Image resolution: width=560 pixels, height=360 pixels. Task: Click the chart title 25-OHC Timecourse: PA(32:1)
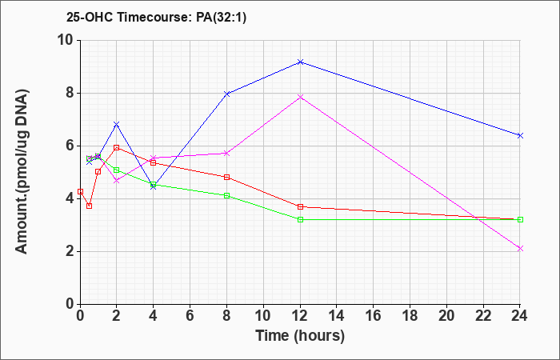click(x=156, y=18)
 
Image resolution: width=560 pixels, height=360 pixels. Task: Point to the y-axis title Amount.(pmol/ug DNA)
click(x=22, y=172)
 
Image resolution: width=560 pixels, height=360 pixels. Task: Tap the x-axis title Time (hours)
click(x=300, y=336)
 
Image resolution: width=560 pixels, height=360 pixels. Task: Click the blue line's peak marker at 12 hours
click(x=300, y=62)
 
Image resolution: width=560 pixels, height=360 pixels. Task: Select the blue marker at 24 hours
click(x=520, y=135)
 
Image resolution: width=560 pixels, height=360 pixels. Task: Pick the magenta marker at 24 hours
click(x=520, y=249)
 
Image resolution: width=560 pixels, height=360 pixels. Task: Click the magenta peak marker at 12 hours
click(x=300, y=97)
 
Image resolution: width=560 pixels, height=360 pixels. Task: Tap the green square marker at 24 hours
click(x=520, y=220)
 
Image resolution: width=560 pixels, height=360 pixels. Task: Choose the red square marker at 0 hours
click(x=80, y=191)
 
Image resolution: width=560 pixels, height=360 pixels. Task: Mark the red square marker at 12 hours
click(x=300, y=206)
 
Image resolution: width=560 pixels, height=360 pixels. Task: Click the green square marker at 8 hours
click(x=226, y=196)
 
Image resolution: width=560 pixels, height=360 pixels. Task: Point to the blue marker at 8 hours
click(x=226, y=94)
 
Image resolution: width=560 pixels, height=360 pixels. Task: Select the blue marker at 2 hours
click(x=117, y=124)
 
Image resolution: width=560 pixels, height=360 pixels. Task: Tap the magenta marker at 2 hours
click(x=117, y=181)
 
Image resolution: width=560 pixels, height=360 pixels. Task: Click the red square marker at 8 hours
click(x=226, y=177)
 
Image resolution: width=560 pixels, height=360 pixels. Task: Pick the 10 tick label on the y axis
click(x=66, y=40)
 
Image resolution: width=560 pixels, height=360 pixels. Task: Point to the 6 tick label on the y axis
click(x=70, y=146)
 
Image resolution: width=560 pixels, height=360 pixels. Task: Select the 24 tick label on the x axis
click(x=520, y=317)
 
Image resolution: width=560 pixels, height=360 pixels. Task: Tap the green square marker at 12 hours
click(x=300, y=220)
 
